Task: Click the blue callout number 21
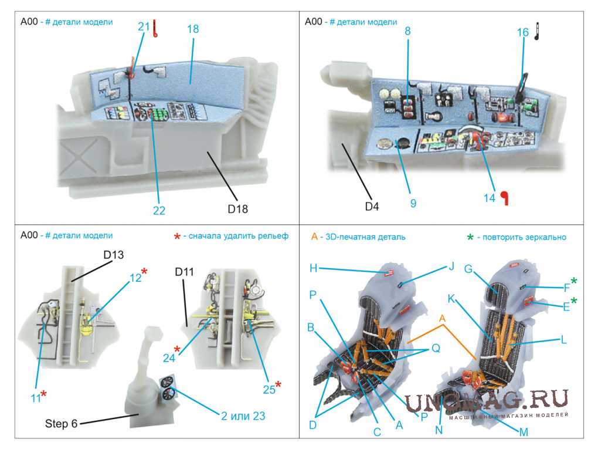(x=144, y=27)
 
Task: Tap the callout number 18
(x=193, y=30)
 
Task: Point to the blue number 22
(x=159, y=211)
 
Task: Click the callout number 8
(x=407, y=32)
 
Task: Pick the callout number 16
(x=522, y=33)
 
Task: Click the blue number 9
(x=413, y=203)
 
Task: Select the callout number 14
(x=490, y=198)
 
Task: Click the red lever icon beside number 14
(x=504, y=198)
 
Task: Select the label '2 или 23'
(x=243, y=416)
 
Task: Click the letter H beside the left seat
(x=314, y=268)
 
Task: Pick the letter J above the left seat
(x=451, y=266)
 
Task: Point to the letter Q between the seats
(x=436, y=347)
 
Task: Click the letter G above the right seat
(x=468, y=268)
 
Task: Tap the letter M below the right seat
(x=524, y=431)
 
